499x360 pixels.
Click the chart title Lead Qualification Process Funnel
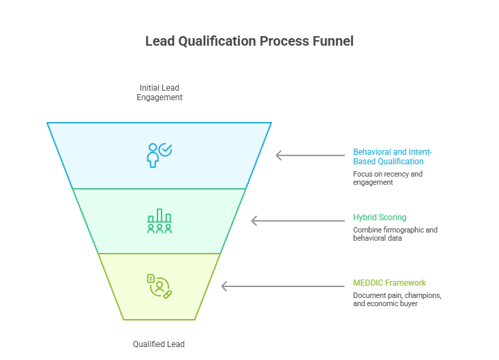[249, 41]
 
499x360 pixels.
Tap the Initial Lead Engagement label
[159, 93]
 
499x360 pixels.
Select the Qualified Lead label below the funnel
[159, 344]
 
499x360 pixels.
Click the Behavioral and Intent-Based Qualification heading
[392, 157]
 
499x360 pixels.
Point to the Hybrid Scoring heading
[379, 217]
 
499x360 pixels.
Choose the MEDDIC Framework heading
[389, 283]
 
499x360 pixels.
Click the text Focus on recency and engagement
[387, 178]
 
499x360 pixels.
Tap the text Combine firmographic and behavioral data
[395, 234]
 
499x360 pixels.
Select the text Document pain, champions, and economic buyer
[397, 299]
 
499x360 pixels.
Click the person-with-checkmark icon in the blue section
[160, 155]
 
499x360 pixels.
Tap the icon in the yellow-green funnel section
[160, 286]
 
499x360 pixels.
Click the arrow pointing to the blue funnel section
[309, 155]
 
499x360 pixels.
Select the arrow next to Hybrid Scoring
[297, 221]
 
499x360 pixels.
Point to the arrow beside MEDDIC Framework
[282, 286]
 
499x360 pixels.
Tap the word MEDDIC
[369, 283]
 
